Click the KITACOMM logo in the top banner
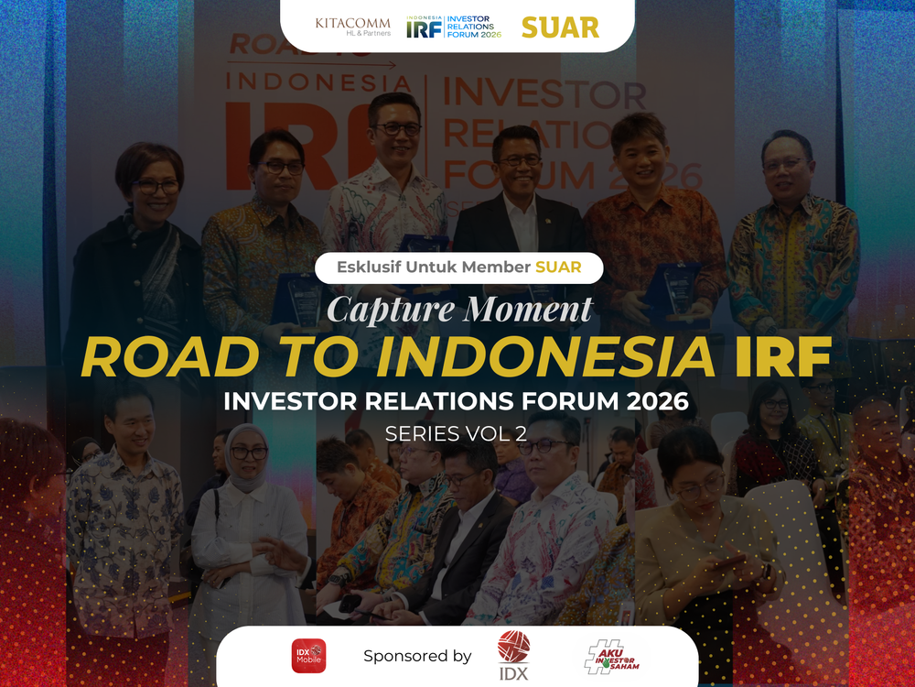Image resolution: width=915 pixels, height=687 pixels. pos(352,26)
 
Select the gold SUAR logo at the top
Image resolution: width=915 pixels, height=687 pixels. pos(560,27)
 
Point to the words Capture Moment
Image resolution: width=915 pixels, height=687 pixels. pos(459,309)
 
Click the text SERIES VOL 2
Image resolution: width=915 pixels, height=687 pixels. pos(456,434)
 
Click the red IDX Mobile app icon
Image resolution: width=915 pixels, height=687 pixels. pos(308,656)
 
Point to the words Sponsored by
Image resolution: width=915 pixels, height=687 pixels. pos(417,656)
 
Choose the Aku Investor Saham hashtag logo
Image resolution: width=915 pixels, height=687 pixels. pos(612,656)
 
